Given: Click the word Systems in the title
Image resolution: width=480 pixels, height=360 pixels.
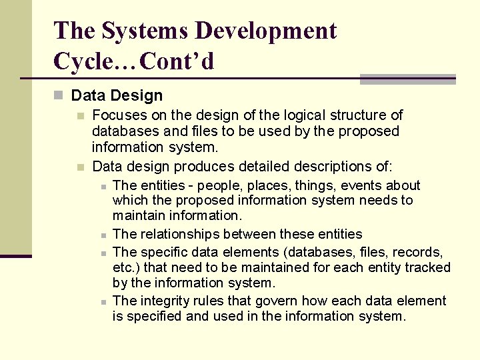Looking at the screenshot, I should tap(137, 31).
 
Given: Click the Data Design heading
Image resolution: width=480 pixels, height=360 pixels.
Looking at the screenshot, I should tap(117, 96).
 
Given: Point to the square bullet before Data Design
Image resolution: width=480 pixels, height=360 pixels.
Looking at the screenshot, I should tap(59, 96).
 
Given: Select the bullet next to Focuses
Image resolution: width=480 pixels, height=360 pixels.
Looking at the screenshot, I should tap(81, 116).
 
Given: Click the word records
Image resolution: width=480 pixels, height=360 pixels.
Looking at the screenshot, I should tap(417, 252).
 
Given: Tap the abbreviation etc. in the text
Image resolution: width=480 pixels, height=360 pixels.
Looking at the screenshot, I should tap(124, 267).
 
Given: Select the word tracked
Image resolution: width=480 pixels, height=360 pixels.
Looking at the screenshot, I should tap(428, 267).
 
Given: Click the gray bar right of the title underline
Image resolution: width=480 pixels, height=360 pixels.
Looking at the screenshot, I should tap(407, 79).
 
